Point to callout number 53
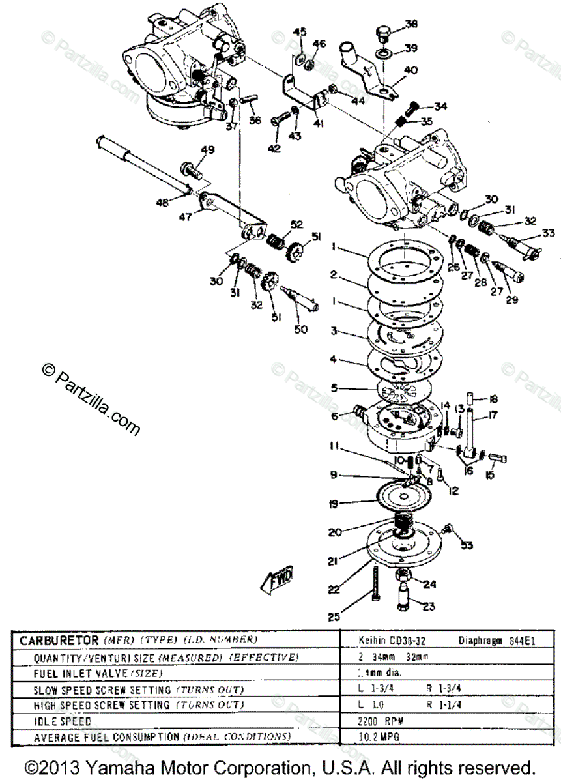point(467,545)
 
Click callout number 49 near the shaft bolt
point(207,151)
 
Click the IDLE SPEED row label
point(63,721)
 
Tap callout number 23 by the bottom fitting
point(429,606)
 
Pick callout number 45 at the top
point(299,32)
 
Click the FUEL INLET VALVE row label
point(89,673)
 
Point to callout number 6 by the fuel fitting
point(334,416)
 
